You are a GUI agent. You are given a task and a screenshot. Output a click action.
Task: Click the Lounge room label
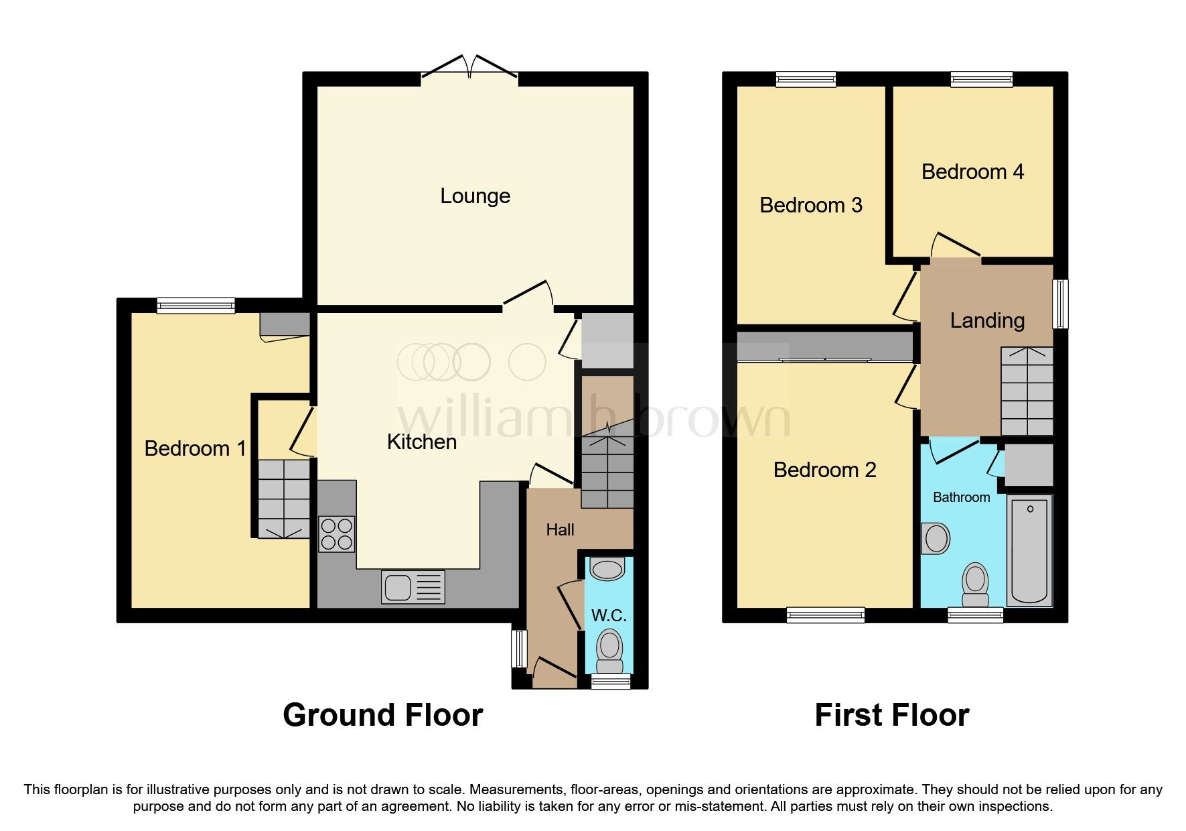point(475,196)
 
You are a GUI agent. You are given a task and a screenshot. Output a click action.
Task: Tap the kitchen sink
point(413,587)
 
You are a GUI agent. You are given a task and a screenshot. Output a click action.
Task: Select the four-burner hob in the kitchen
point(336,534)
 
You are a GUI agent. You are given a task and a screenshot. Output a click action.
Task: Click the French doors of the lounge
point(470,71)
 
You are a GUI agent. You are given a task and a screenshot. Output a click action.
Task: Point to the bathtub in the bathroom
point(1029,551)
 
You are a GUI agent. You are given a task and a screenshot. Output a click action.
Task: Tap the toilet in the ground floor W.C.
point(609,651)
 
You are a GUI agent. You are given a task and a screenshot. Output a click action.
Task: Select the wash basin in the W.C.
point(607,570)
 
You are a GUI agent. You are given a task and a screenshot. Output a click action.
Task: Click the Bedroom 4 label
point(972,172)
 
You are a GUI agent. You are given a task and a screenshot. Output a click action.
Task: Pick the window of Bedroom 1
point(196,306)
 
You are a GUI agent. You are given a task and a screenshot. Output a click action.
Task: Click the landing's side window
point(1059,304)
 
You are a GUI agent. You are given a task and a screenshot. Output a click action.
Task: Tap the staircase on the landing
point(1027,392)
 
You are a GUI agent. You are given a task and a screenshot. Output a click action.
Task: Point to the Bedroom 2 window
point(825,615)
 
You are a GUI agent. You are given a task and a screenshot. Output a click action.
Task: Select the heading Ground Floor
point(382,715)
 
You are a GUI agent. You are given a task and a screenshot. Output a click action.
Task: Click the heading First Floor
point(891,715)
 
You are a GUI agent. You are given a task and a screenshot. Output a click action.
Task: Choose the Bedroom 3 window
point(806,80)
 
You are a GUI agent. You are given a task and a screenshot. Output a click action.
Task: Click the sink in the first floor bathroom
point(936,539)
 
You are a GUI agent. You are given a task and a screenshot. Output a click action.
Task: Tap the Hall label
point(560,530)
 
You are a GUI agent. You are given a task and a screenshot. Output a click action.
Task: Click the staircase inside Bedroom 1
point(284,499)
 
